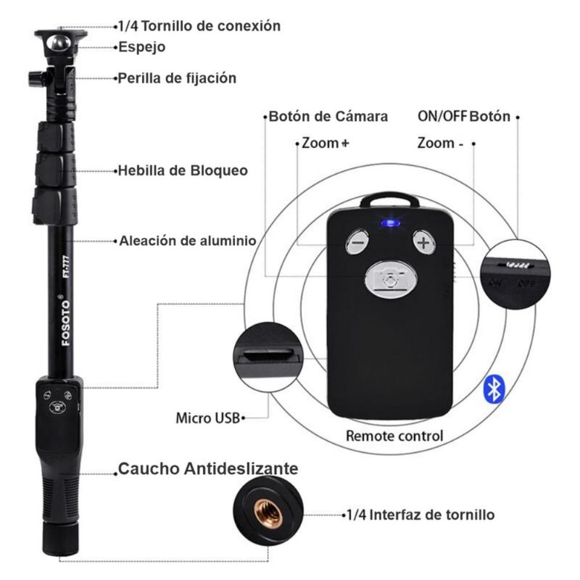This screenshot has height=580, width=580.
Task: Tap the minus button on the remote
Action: click(x=357, y=242)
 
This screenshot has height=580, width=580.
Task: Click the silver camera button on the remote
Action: click(x=391, y=280)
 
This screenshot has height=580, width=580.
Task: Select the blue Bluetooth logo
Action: click(x=494, y=389)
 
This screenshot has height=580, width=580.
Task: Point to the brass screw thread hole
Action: click(x=269, y=514)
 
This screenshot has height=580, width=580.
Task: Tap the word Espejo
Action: click(x=141, y=47)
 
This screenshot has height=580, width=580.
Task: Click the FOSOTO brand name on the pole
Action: click(x=65, y=323)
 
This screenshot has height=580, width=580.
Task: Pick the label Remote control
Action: click(x=394, y=436)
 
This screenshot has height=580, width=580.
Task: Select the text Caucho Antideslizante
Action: click(x=208, y=468)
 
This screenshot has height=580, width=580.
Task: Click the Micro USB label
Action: click(x=207, y=418)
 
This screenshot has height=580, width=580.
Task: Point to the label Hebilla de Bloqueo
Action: click(x=183, y=170)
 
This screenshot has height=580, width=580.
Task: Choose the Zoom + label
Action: click(x=325, y=143)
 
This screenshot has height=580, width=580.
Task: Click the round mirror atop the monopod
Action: click(x=59, y=43)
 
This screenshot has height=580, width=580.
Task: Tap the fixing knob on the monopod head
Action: click(x=36, y=78)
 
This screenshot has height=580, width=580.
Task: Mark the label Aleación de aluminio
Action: click(x=188, y=241)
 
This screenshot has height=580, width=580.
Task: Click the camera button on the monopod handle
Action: click(x=58, y=407)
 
